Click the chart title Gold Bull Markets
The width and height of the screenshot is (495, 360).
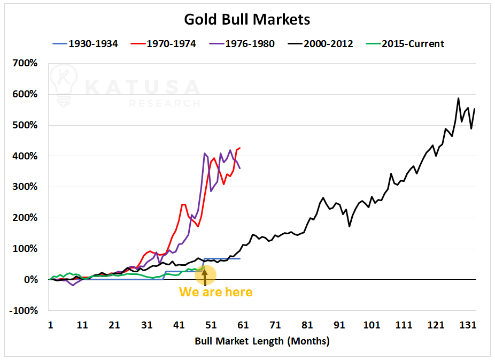[247, 20]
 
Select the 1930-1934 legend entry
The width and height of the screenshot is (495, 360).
[86, 44]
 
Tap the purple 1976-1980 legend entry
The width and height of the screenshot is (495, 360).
[244, 44]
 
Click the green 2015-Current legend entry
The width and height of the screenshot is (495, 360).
[406, 44]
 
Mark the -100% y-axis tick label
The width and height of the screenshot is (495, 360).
[24, 311]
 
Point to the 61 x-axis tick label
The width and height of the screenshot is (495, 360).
[243, 325]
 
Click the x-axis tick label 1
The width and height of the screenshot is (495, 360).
[50, 325]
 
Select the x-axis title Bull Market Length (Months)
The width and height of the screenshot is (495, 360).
[262, 341]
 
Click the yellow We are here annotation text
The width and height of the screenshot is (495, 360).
[215, 292]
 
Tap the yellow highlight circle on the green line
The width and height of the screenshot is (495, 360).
[205, 274]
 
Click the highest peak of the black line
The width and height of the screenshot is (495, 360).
[459, 98]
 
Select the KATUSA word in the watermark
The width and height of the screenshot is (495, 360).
[142, 87]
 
